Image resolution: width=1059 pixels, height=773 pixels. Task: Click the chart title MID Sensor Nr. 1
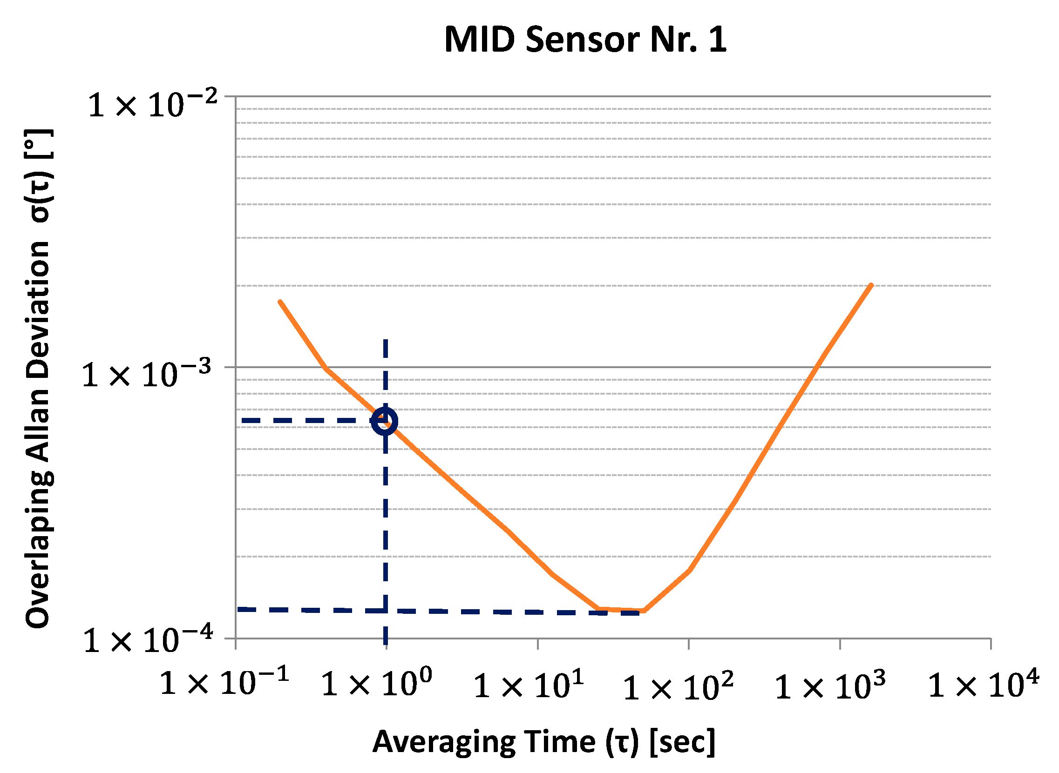point(585,39)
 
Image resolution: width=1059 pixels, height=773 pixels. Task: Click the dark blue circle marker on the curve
point(385,421)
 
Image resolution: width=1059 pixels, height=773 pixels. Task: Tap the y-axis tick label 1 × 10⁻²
point(153,105)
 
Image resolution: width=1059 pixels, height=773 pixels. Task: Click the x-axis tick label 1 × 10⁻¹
point(224,683)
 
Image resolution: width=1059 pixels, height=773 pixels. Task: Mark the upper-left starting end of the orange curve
point(280,302)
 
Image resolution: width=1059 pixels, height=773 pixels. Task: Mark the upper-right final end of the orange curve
point(871,285)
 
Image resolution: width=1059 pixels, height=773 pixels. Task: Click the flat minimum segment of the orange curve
point(622,610)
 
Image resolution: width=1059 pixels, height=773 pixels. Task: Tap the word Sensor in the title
point(583,39)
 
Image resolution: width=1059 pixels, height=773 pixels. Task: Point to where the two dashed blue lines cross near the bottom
point(385,610)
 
